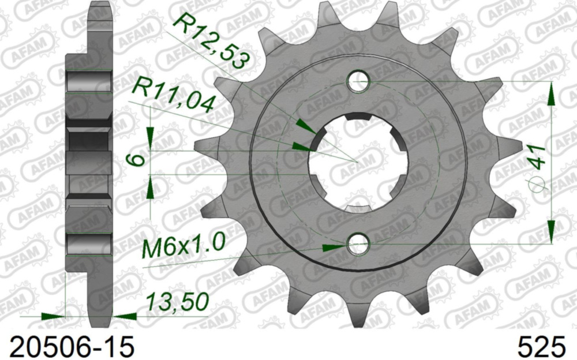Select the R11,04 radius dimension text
tap(173, 96)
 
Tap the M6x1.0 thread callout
tap(183, 248)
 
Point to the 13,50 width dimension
tap(177, 302)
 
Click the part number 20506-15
tap(68, 347)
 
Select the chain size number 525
tap(541, 347)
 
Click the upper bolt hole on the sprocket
tap(359, 81)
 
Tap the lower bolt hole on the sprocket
tap(359, 245)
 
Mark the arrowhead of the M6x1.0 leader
tap(334, 247)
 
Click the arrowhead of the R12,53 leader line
tap(302, 124)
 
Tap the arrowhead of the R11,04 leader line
tap(300, 146)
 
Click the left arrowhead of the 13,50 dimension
tap(55, 316)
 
